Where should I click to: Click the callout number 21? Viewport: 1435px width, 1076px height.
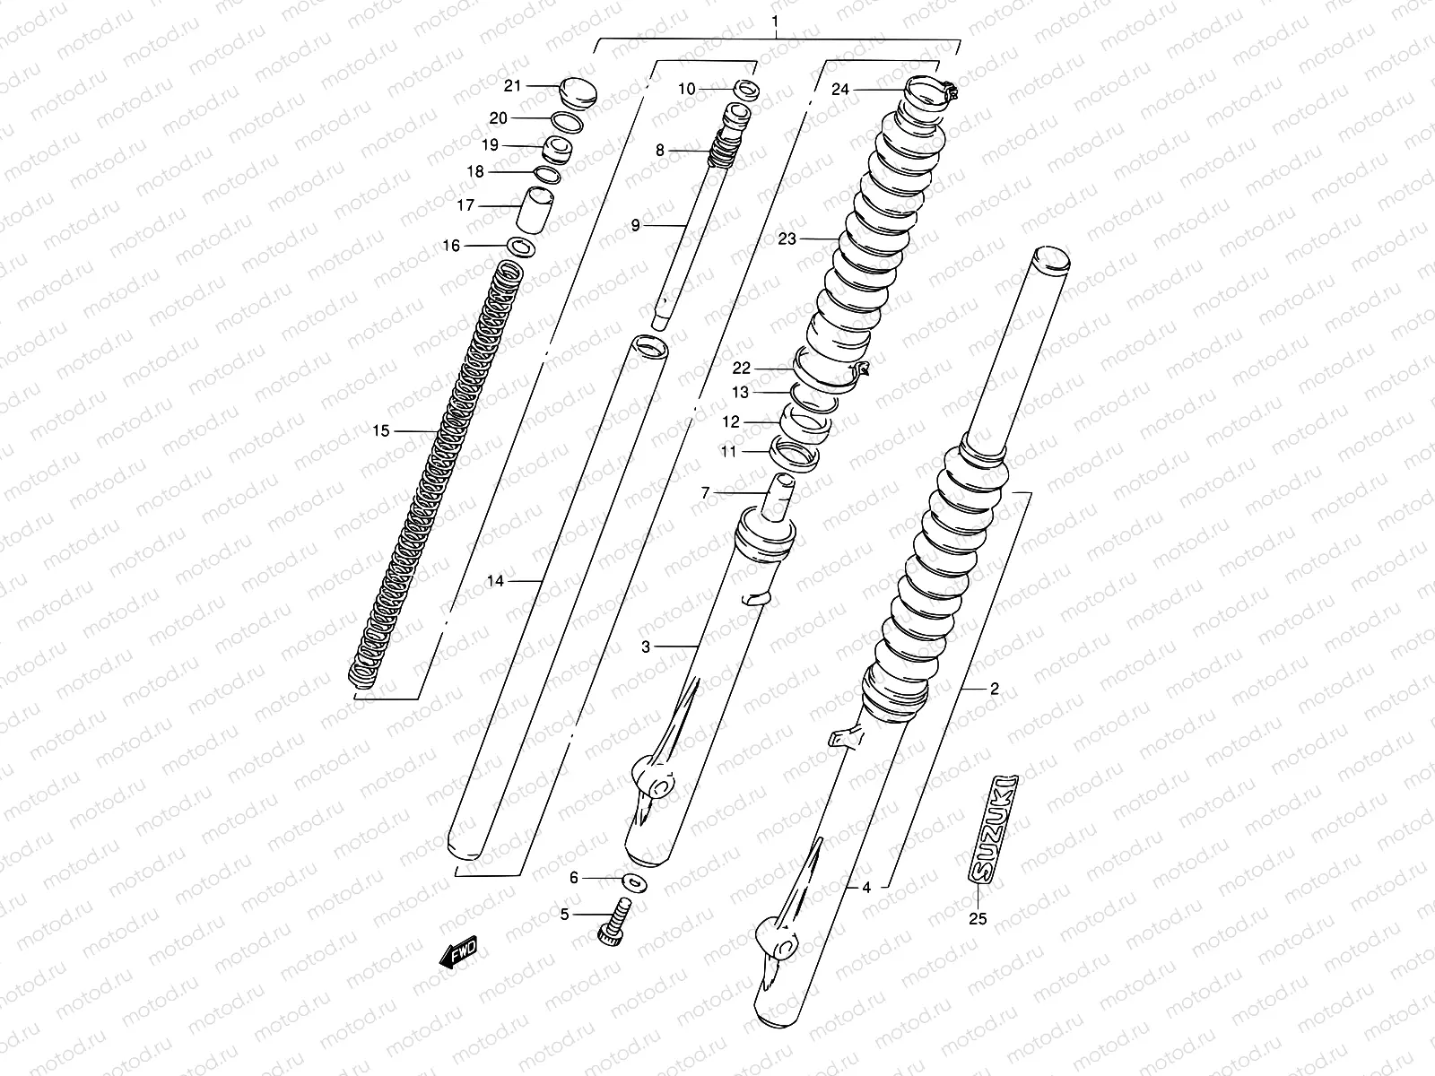512,86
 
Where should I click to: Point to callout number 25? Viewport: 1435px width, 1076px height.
978,919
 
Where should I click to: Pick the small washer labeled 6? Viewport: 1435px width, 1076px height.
636,882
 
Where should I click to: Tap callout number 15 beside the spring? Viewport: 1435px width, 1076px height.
381,431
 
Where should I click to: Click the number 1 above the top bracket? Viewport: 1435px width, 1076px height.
776,20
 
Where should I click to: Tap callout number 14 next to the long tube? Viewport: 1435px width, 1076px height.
495,581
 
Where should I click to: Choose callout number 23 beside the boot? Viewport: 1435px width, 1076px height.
787,239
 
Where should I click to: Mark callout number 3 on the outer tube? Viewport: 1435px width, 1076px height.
645,646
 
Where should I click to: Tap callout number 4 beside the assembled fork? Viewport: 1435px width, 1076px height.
866,888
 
